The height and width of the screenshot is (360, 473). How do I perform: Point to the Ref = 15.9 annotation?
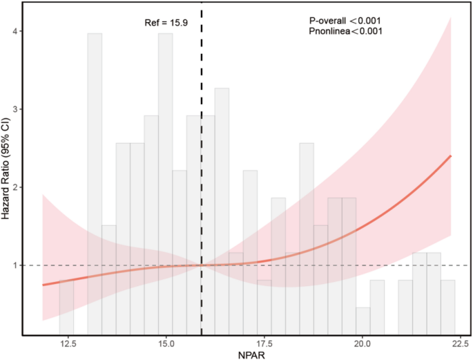pos(162,23)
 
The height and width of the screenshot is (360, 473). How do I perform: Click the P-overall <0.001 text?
pos(344,21)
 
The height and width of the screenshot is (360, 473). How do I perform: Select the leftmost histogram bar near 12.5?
pos(66,307)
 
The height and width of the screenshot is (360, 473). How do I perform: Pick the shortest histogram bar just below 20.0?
pos(363,321)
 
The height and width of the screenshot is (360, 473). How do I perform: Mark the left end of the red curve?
pos(43,285)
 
